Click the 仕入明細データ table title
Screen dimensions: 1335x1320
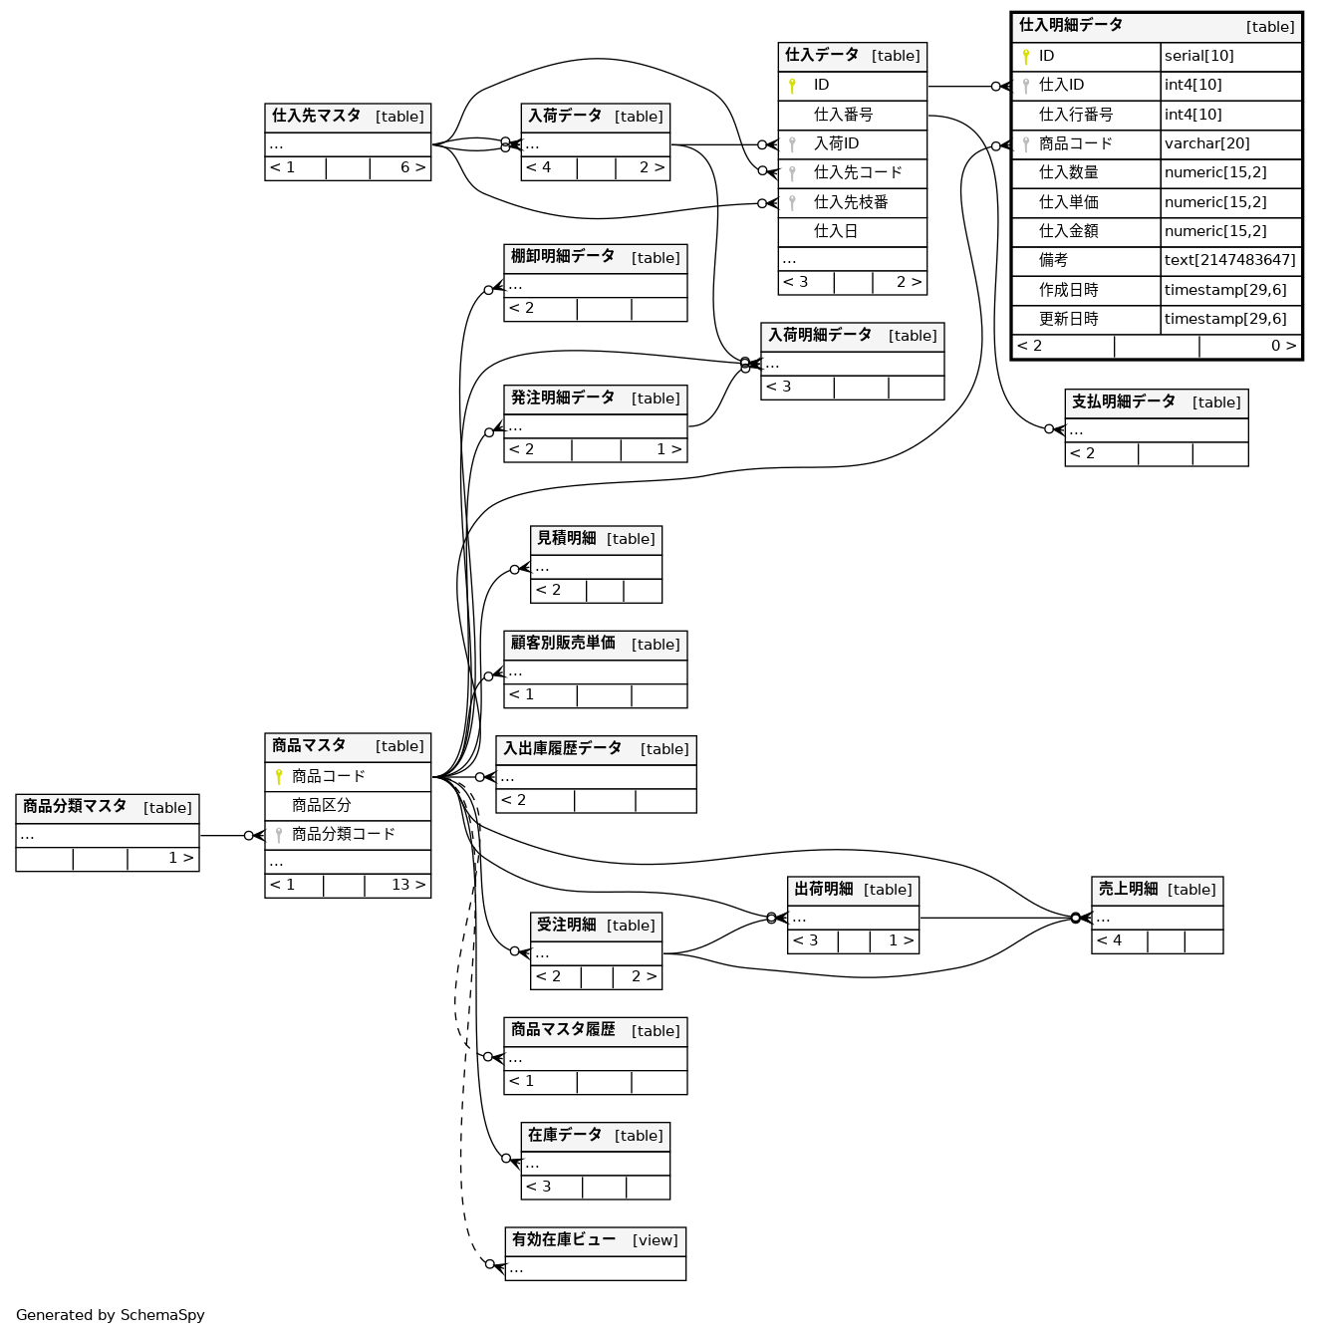(1071, 26)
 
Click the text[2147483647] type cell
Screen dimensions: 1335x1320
(1230, 261)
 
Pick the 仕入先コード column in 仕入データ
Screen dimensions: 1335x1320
(857, 173)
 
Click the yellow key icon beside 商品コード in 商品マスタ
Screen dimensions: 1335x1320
(279, 777)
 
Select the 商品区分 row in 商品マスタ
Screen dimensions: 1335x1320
(321, 806)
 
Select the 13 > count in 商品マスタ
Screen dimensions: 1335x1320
(408, 886)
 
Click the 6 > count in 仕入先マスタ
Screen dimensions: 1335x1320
(412, 168)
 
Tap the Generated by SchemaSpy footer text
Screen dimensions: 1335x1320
(111, 1315)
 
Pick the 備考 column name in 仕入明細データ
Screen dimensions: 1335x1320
(1053, 261)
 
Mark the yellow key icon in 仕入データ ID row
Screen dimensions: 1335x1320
(792, 87)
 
